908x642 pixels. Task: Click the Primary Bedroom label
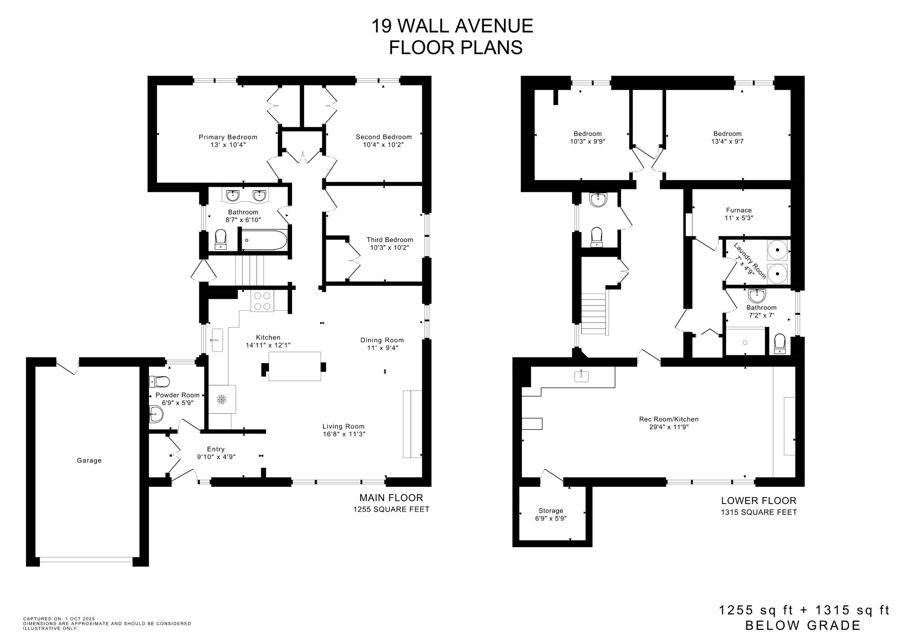tap(228, 137)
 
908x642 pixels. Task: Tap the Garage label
tap(89, 460)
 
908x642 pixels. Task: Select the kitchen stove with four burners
tap(262, 301)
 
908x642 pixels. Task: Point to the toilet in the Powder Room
tap(160, 381)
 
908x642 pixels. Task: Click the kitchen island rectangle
tap(294, 366)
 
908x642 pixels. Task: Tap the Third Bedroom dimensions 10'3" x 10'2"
tap(390, 247)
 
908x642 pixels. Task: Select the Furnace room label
tap(739, 210)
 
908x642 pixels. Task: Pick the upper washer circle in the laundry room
tap(777, 250)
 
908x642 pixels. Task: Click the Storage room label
tap(551, 510)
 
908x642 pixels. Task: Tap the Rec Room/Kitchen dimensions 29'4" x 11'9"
tap(669, 427)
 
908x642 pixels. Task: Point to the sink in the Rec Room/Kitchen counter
tap(581, 376)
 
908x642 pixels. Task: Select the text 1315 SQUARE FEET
tap(759, 513)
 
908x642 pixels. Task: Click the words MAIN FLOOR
tap(391, 497)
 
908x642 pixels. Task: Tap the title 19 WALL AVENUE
tap(452, 26)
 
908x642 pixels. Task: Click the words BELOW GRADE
tap(803, 626)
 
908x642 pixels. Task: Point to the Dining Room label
tap(382, 340)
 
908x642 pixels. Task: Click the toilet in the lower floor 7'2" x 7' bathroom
tap(780, 344)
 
